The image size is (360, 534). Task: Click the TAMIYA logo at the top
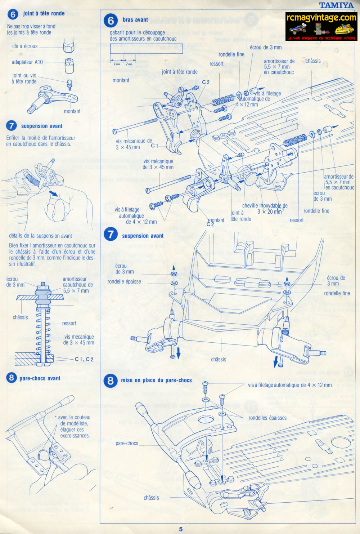pos(337,5)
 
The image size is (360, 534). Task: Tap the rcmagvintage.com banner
pos(321,27)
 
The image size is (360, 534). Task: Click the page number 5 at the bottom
pos(181,529)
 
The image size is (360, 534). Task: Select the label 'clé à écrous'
pos(25,46)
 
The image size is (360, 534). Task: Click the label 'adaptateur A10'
pos(27,62)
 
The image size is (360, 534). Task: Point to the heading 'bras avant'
pos(135,20)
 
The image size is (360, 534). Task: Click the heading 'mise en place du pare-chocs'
pos(156,380)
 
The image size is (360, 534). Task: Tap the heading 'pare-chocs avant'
pos(40,378)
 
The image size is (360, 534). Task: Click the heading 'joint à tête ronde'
pos(44,13)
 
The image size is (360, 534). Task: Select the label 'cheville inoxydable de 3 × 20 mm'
pos(265,208)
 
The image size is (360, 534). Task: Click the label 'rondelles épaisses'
pos(267,418)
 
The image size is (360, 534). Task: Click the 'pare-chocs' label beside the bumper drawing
pos(127,443)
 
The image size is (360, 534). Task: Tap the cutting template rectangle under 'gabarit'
pos(146,48)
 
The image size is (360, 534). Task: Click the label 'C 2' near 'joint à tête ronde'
pos(206,82)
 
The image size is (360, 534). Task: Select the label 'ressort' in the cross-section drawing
pos(69,323)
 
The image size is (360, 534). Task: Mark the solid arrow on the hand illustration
pos(54,194)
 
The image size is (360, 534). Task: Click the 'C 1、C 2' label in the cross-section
pos(84,359)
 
